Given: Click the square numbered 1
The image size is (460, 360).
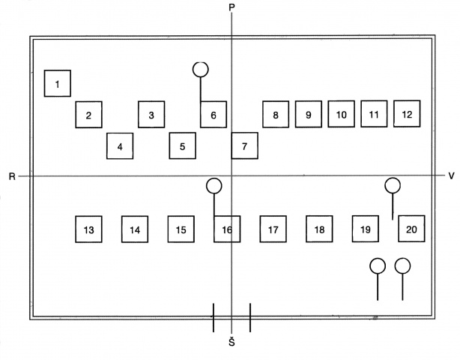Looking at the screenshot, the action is (x=58, y=83).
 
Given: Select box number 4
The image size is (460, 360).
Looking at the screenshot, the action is (x=120, y=146).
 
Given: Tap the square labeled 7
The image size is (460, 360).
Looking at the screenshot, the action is (x=245, y=145).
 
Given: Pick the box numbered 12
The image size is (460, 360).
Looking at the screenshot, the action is (x=407, y=114).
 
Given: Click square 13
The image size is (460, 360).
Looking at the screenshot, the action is (x=88, y=229).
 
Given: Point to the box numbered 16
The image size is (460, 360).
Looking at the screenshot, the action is (x=227, y=229).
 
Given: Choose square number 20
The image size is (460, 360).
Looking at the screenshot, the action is (x=411, y=229).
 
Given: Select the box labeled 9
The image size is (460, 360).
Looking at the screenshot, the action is (x=309, y=114).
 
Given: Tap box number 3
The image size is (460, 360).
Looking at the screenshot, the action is (x=151, y=115).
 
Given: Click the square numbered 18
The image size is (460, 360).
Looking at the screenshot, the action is (x=319, y=229).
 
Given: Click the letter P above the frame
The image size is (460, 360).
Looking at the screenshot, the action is (x=231, y=7).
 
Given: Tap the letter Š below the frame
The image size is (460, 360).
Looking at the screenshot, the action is (x=231, y=342).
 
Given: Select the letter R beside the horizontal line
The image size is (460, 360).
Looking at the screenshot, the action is (x=12, y=176).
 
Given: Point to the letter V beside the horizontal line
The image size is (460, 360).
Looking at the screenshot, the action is (x=451, y=176).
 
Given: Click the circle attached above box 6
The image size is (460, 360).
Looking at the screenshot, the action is (x=201, y=70).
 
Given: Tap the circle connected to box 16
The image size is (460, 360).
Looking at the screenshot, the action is (x=214, y=186).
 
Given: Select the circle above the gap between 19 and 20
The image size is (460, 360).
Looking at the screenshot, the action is (x=393, y=185).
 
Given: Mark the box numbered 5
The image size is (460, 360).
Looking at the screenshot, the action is (x=183, y=146).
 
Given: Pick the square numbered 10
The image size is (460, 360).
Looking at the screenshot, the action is (x=341, y=114).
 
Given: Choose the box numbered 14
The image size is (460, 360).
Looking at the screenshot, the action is (x=135, y=229).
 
